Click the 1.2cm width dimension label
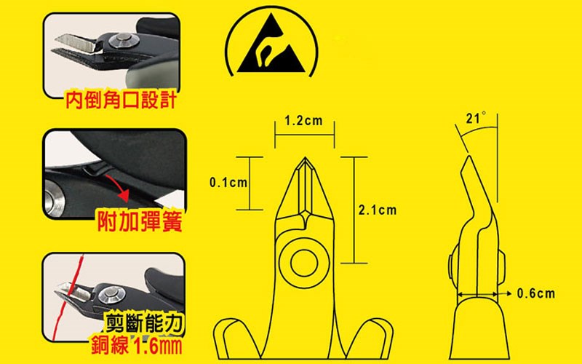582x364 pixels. point(303,121)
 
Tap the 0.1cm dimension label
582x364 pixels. point(228,183)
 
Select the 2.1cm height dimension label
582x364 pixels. point(378,210)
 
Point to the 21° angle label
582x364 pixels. point(476,118)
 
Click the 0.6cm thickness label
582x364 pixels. point(536,293)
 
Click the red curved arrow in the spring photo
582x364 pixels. point(118,187)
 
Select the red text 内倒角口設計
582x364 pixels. point(121,100)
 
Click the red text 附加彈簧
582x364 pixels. point(140,223)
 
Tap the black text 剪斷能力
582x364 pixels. point(145,323)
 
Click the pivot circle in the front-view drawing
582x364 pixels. point(304,263)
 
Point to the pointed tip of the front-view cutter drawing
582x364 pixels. point(305,157)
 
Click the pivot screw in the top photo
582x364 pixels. point(121,41)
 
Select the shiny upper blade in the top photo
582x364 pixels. point(77,43)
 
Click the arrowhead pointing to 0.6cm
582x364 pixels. point(509,293)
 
